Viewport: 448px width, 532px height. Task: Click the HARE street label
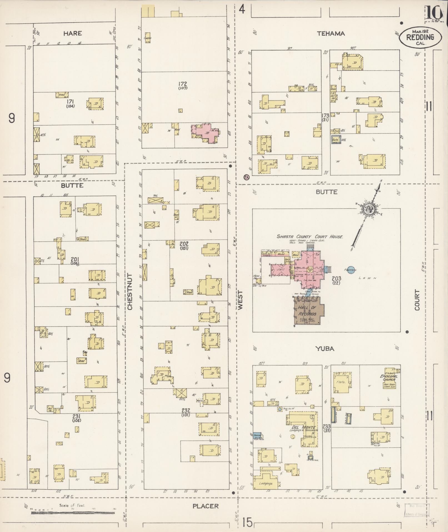72,33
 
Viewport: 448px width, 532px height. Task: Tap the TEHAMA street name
331,34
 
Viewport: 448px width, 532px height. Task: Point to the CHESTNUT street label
130,291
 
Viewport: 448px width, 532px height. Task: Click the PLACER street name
206,506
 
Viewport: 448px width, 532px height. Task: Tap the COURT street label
417,300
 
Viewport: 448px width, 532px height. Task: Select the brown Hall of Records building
308,311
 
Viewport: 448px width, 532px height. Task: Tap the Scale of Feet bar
73,512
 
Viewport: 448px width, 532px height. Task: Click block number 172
183,84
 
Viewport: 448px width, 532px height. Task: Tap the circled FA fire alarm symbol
246,177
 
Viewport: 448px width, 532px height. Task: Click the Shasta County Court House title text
310,237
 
